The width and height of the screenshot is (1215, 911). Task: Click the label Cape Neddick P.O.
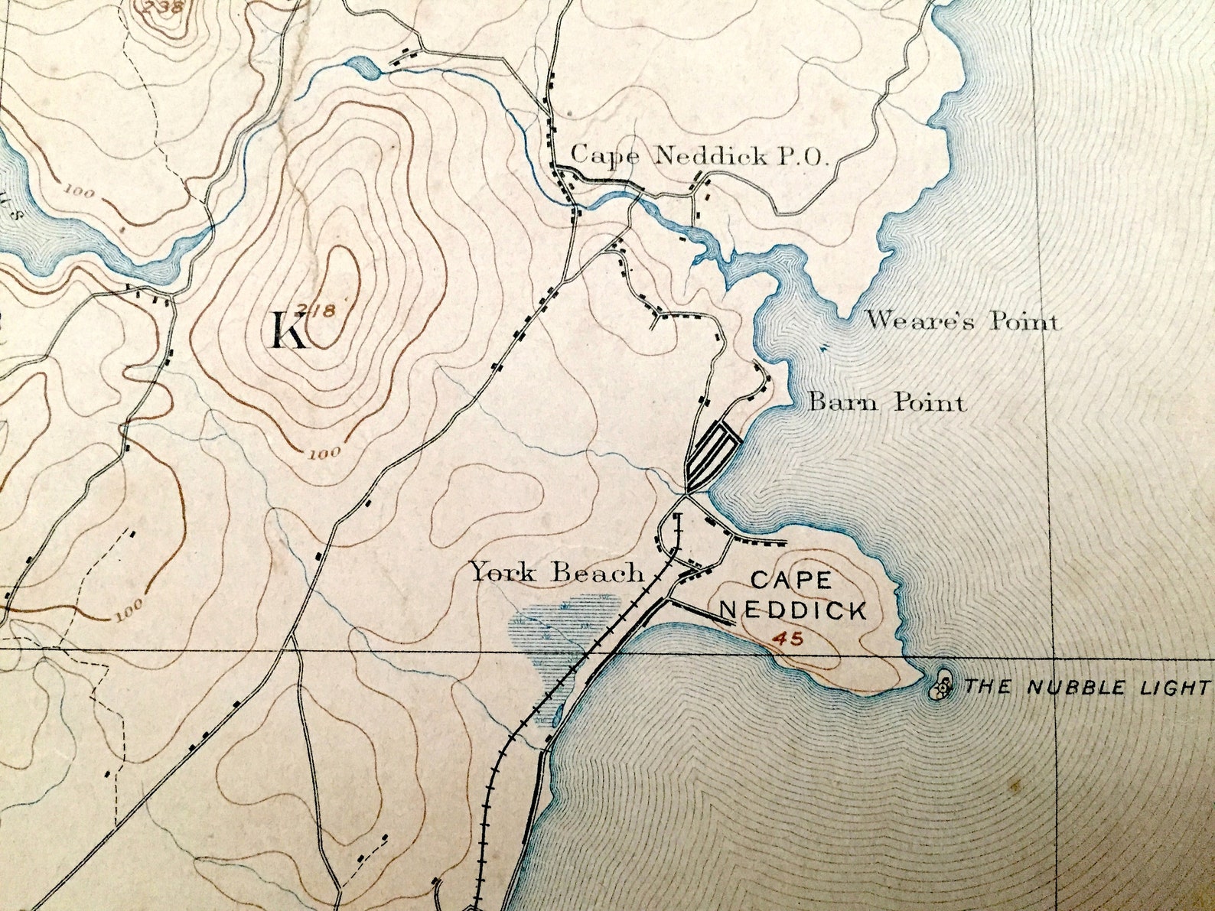click(x=699, y=156)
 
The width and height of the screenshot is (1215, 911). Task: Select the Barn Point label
click(x=888, y=402)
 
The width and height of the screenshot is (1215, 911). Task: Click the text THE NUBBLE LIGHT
click(x=1087, y=687)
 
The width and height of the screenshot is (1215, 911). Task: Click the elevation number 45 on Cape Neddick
click(x=787, y=638)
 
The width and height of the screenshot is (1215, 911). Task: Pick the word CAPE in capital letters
click(x=791, y=580)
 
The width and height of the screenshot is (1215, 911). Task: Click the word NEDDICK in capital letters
click(x=795, y=610)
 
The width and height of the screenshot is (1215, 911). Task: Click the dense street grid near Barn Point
click(x=712, y=451)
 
